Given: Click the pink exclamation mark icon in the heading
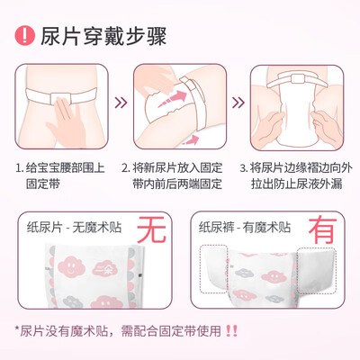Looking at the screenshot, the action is pyautogui.click(x=25, y=36).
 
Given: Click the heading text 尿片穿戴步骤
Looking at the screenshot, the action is pyautogui.click(x=103, y=36).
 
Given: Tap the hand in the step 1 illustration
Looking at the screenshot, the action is pyautogui.click(x=66, y=119).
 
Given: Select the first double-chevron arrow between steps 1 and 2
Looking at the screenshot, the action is pyautogui.click(x=121, y=103).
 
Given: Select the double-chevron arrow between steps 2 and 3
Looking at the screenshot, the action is pyautogui.click(x=238, y=103).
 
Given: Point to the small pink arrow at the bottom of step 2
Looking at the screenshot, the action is pyautogui.click(x=192, y=139).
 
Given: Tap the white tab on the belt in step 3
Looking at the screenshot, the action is pyautogui.click(x=298, y=78).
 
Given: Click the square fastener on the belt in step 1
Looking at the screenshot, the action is pyautogui.click(x=61, y=99).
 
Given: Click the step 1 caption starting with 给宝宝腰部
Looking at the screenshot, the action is pyautogui.click(x=60, y=175).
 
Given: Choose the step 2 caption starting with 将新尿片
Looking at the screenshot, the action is pyautogui.click(x=172, y=175).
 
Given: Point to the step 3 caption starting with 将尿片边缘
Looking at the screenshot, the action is pyautogui.click(x=296, y=175).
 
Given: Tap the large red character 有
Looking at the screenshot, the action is pyautogui.click(x=323, y=229).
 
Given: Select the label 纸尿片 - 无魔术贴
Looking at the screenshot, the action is pyautogui.click(x=74, y=227).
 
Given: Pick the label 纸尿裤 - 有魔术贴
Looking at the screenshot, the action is pyautogui.click(x=245, y=227).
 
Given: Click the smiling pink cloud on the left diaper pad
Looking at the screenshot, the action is pyautogui.click(x=71, y=266).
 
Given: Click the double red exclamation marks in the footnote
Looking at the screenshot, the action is pyautogui.click(x=231, y=331).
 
